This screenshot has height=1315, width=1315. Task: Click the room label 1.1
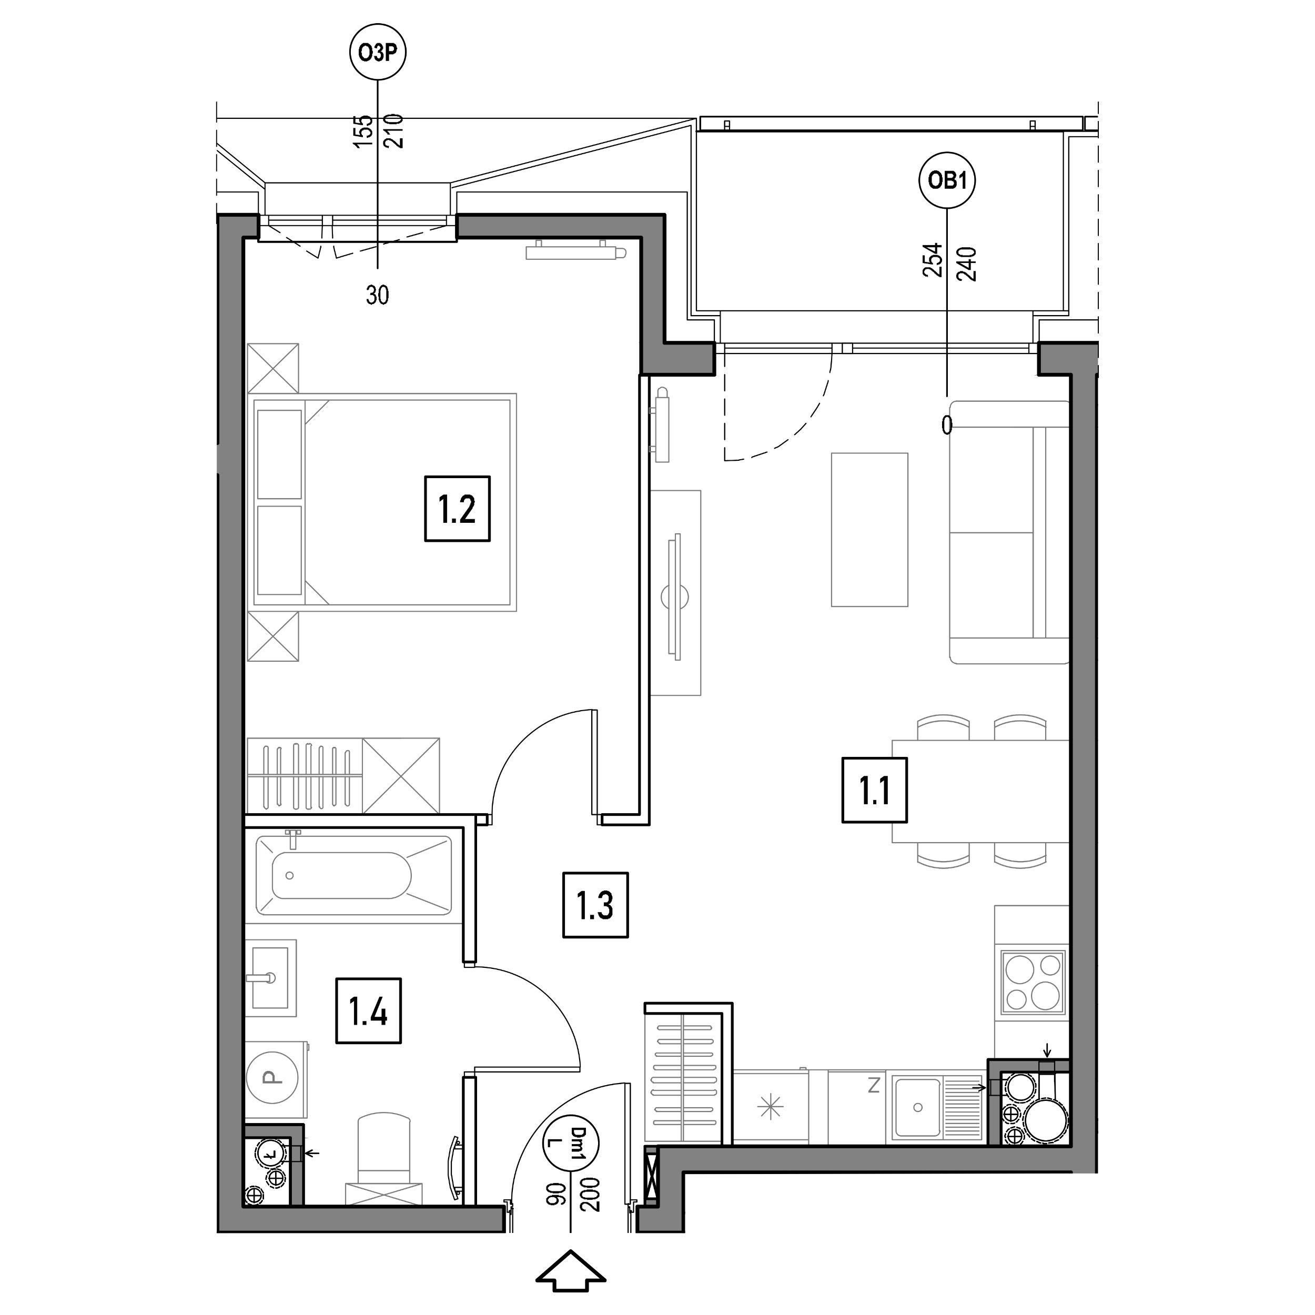[875, 790]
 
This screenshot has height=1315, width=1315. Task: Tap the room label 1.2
[457, 509]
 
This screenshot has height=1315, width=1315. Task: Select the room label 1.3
[595, 905]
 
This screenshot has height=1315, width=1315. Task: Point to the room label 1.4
[368, 1011]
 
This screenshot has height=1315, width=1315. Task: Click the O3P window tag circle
[377, 53]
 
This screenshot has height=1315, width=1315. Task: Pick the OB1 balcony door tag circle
[947, 180]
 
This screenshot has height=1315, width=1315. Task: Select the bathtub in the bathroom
[353, 876]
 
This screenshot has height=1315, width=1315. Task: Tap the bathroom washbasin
[271, 978]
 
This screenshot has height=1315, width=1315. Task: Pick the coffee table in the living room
[869, 530]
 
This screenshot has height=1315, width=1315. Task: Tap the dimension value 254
[932, 261]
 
